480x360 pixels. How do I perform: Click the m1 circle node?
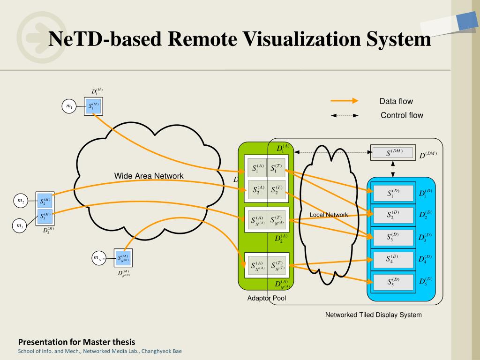tap(69, 106)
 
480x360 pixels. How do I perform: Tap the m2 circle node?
tap(21, 201)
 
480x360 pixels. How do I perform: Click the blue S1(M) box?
tap(94, 106)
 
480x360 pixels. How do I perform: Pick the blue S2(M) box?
tap(45, 202)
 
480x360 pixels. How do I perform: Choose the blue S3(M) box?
tap(45, 217)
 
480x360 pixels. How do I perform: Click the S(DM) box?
tap(393, 153)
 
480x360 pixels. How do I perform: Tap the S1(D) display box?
tap(393, 193)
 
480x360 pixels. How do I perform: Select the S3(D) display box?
tap(393, 237)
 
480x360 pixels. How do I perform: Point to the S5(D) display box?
tap(393, 282)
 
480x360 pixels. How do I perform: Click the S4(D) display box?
tap(393, 259)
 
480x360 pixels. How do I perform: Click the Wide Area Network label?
tap(149, 176)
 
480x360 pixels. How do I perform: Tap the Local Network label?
tap(329, 215)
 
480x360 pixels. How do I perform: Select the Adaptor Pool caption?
tap(267, 299)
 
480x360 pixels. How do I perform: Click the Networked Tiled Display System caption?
tap(374, 315)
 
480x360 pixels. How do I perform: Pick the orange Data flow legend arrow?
tap(344, 101)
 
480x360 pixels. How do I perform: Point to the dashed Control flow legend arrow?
tap(345, 115)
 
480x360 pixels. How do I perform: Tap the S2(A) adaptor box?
tap(258, 190)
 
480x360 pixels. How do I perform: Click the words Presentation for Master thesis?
tap(76, 342)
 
